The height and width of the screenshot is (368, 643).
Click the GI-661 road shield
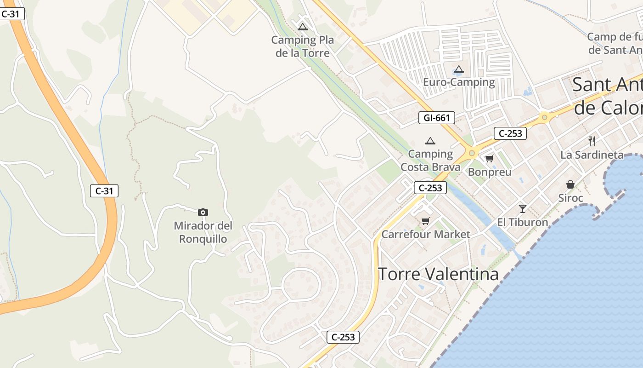437,118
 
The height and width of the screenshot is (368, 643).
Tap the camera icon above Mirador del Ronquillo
203,212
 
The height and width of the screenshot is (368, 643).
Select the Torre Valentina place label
438,274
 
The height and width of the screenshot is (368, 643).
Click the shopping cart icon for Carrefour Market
426,221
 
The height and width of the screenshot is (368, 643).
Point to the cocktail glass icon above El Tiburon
522,208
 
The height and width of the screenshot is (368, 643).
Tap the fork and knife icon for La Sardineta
592,141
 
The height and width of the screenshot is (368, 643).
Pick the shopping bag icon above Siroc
570,184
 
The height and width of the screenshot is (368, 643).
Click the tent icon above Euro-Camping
458,69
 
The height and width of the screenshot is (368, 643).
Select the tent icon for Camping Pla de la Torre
302,27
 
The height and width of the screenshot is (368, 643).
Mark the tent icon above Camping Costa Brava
430,141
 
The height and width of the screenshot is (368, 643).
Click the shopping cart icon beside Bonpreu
489,159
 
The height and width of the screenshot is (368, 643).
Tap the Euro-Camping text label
459,82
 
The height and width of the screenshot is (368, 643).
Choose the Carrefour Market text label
426,235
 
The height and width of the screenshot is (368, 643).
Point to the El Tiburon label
523,222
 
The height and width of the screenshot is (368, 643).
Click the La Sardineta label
592,155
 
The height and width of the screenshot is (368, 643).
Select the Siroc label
570,198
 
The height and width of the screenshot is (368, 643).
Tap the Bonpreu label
490,172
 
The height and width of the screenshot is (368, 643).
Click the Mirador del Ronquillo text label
203,232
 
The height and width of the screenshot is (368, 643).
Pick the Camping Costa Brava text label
430,160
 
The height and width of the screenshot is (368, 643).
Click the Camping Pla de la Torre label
303,46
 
